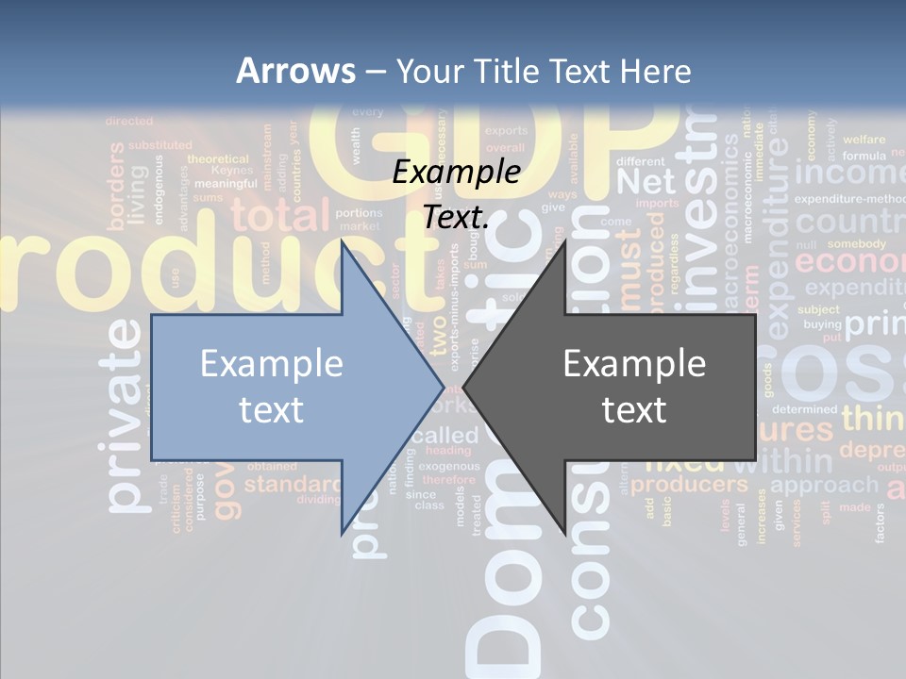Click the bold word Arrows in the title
click(x=295, y=71)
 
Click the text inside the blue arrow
click(x=271, y=386)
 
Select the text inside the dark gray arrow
click(x=634, y=386)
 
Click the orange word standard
click(x=292, y=485)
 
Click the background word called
click(x=445, y=436)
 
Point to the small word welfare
click(x=864, y=140)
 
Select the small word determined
click(x=804, y=409)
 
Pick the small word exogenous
click(x=449, y=466)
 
